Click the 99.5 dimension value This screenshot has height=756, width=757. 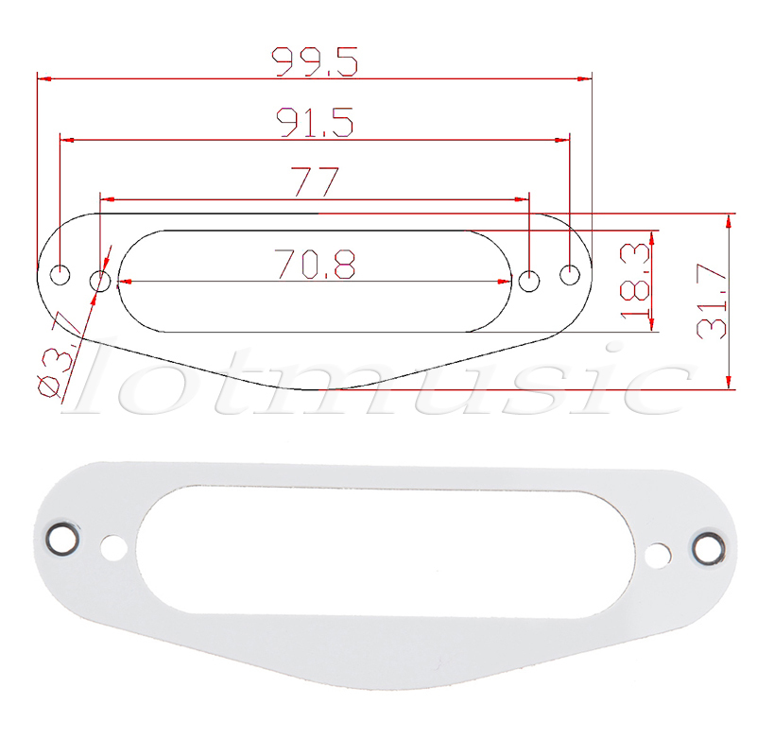tap(315, 61)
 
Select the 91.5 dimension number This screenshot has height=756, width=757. tap(315, 122)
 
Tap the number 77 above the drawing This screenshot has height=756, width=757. tap(315, 181)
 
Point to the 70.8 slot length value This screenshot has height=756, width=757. tap(315, 265)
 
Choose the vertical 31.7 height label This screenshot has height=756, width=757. tap(711, 301)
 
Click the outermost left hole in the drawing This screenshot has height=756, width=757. tap(60, 276)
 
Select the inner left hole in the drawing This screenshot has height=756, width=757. tap(99, 281)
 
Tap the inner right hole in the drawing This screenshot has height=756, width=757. tap(530, 280)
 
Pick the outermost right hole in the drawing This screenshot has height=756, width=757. tap(570, 275)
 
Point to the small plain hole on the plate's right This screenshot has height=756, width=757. tap(656, 556)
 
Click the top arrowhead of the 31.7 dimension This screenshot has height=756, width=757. tap(729, 222)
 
